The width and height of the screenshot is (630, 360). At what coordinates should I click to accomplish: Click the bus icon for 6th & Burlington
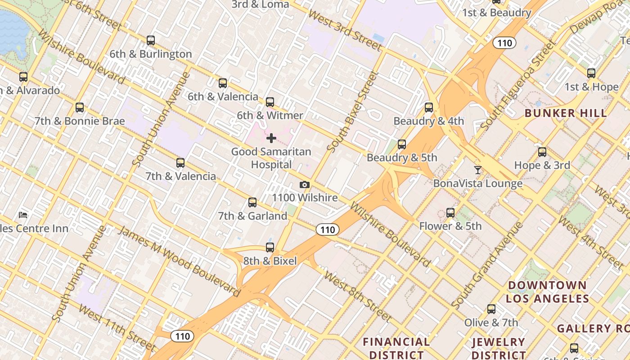(x=151, y=40)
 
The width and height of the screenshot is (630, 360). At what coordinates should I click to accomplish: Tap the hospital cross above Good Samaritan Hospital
(x=271, y=138)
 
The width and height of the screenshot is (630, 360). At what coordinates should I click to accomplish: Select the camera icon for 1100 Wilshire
(x=305, y=185)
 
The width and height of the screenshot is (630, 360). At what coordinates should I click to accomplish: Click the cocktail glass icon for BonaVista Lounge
(x=477, y=170)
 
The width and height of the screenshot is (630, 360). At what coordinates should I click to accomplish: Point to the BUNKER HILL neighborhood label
(x=566, y=113)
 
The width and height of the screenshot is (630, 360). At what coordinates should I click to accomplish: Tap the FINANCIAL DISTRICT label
(x=396, y=348)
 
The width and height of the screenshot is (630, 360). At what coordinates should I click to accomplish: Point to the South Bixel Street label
(x=352, y=112)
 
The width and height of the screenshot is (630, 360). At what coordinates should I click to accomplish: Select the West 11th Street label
(x=117, y=328)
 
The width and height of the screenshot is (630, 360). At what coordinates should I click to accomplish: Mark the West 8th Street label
(x=357, y=296)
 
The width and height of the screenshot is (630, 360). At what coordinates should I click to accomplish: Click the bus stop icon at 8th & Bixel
(x=270, y=247)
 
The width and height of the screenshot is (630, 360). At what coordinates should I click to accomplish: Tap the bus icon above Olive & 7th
(x=491, y=309)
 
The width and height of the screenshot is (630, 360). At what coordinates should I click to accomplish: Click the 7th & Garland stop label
(x=252, y=216)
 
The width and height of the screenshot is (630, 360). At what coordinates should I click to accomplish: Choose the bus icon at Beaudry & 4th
(x=429, y=108)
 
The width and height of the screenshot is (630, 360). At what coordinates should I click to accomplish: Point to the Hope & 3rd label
(x=542, y=165)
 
